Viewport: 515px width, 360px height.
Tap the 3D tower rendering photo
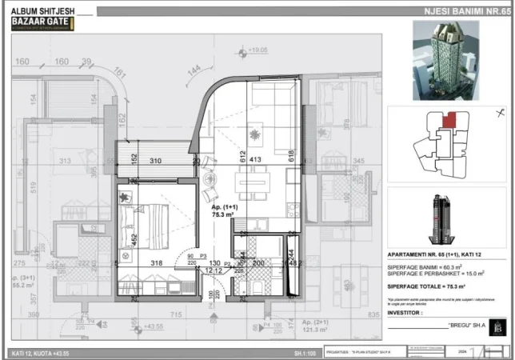[446, 61]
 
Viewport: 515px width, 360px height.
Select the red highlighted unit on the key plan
[452, 119]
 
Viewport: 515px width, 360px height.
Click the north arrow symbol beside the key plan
[500, 112]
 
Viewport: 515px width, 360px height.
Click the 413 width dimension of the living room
[255, 160]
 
